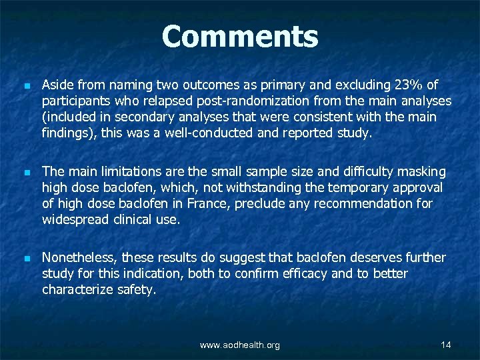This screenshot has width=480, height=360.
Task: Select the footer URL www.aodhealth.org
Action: (240, 345)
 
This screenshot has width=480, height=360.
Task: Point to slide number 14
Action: (446, 344)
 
